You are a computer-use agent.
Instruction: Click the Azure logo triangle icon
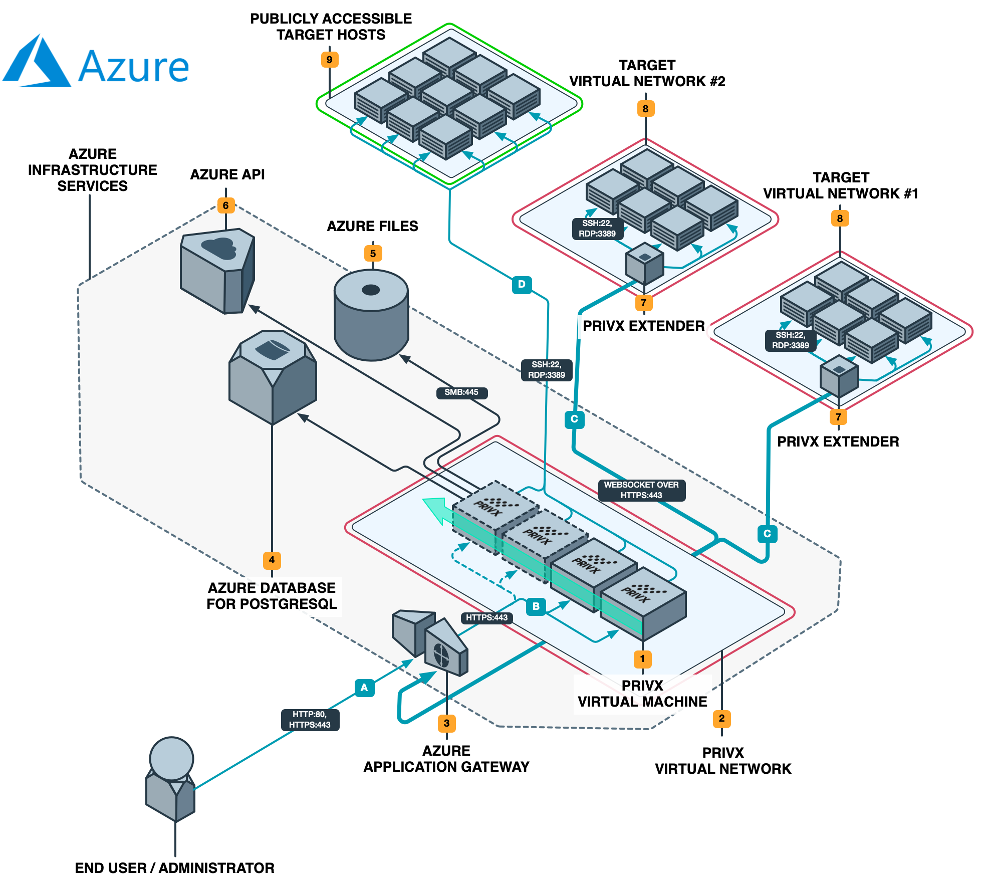pos(37,62)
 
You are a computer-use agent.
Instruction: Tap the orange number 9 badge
pos(329,60)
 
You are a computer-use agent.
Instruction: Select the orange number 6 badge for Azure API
pos(225,205)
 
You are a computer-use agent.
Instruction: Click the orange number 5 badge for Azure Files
pos(373,254)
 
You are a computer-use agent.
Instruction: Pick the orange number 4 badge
pos(272,560)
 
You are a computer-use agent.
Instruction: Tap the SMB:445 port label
pos(461,392)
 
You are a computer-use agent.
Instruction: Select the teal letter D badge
pos(522,285)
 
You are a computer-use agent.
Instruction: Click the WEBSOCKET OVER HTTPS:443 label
pos(641,490)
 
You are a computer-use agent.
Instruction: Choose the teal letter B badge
pos(536,606)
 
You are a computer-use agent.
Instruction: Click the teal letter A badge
pos(364,688)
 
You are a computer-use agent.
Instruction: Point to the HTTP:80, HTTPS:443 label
pos(310,720)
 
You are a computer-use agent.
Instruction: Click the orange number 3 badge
pos(446,723)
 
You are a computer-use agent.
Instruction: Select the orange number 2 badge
pos(721,718)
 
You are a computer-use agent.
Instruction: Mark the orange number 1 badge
pos(642,659)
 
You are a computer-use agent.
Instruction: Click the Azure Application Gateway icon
pos(431,642)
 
